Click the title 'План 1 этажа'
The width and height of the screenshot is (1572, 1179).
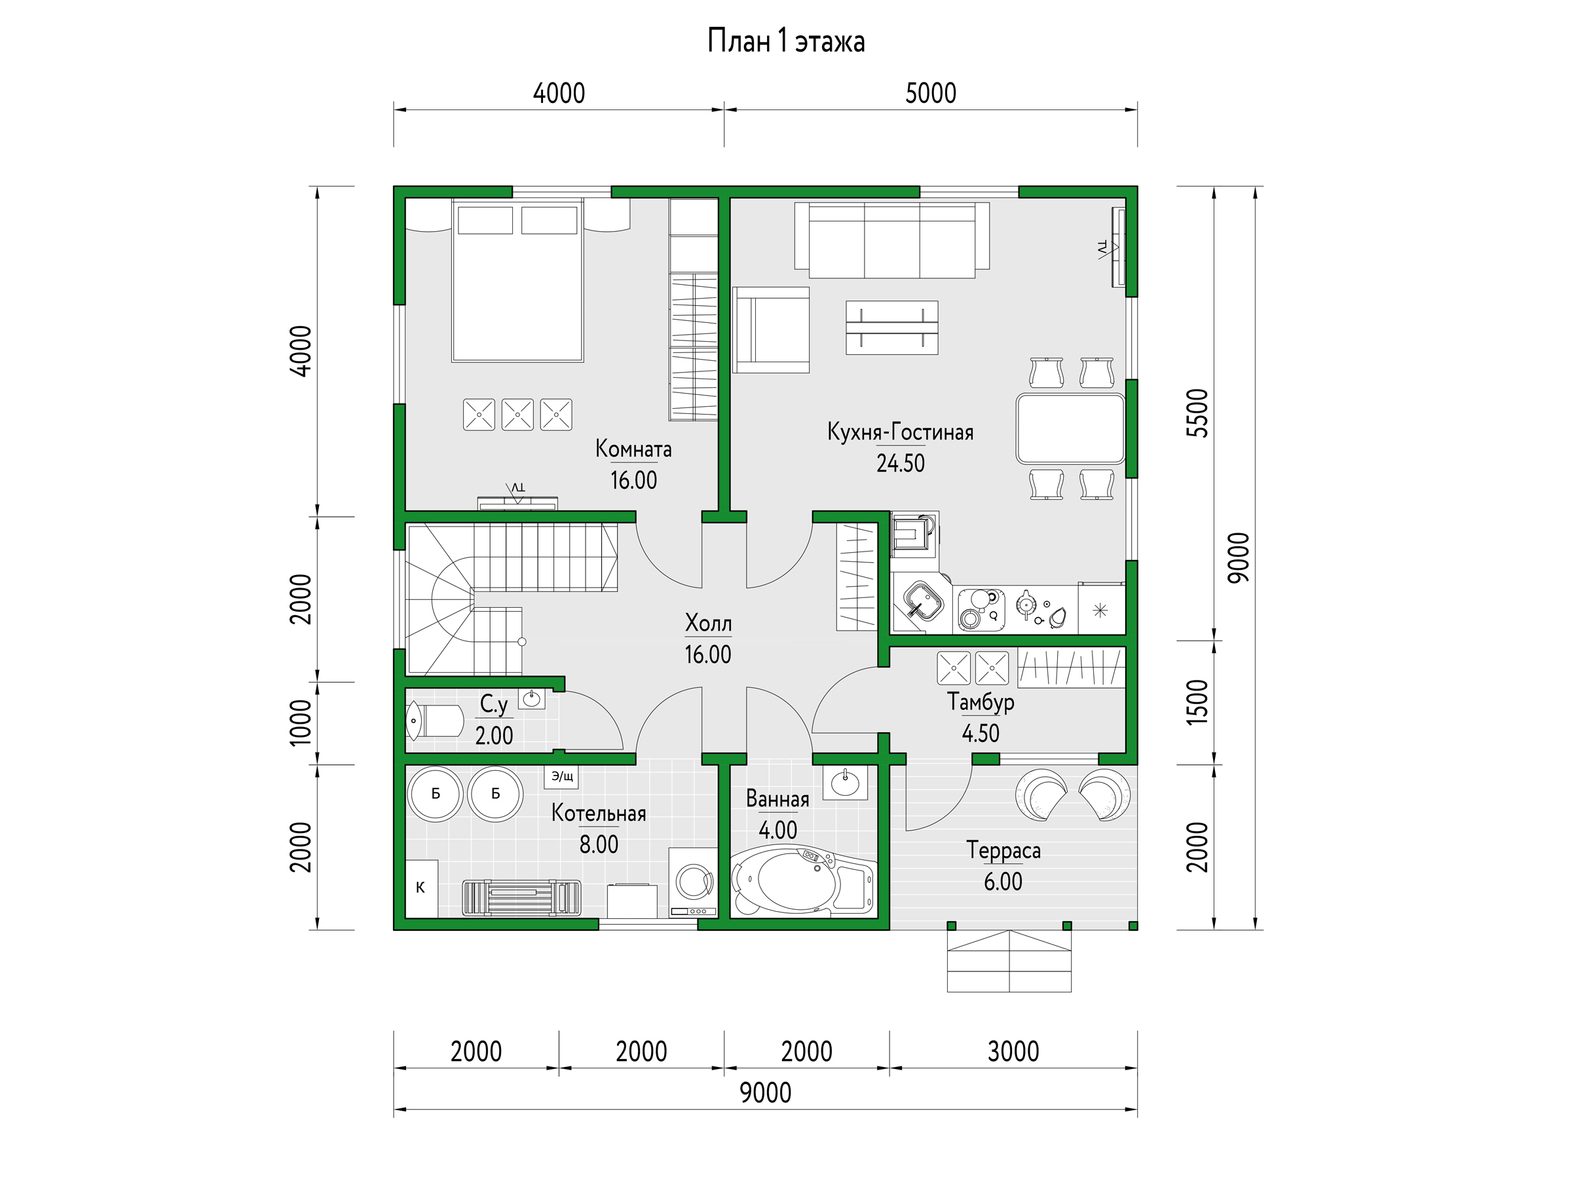pos(786,41)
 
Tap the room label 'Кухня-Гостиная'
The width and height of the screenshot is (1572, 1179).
pos(900,432)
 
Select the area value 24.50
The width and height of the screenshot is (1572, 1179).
pos(901,463)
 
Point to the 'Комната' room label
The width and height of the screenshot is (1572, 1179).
pos(633,449)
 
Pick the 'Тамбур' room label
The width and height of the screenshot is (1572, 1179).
pos(981,702)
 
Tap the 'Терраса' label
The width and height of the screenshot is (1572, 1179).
pos(1003,850)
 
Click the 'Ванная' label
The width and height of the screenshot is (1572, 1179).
pos(777,799)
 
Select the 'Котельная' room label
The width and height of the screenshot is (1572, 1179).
pos(599,813)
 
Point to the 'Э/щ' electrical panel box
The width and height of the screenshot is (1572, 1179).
pos(561,777)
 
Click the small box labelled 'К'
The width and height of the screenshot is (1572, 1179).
pos(421,888)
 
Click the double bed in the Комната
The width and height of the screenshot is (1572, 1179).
pos(517,281)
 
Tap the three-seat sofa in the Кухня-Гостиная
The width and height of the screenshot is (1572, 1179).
pos(892,240)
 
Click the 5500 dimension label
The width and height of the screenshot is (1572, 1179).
pos(1197,413)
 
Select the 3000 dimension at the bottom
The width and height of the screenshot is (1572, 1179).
pos(1013,1051)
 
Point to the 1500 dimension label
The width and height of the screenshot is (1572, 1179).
pos(1197,702)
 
